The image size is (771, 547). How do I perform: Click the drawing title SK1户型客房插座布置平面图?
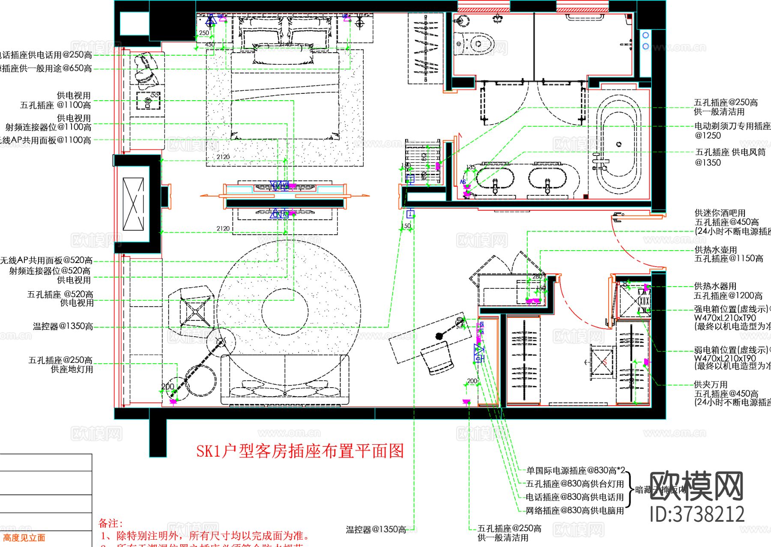pos(300,451)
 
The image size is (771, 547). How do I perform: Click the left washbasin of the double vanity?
pos(494,178)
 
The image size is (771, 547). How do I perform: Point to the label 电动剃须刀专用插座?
pos(732,126)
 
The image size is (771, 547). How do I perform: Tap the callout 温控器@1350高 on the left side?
pos(63,326)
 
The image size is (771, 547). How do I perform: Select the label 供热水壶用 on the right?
pos(716,250)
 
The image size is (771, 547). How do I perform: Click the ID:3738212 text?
pos(697,514)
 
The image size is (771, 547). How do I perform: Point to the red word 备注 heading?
pos(110,523)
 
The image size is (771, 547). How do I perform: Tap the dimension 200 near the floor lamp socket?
pos(167,387)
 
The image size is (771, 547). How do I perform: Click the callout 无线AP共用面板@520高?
pos(46,260)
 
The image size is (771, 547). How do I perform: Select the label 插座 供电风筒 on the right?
pos(731,152)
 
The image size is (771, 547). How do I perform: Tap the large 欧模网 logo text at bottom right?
pos(696,486)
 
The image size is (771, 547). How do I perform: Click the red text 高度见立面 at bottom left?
pos(24,538)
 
